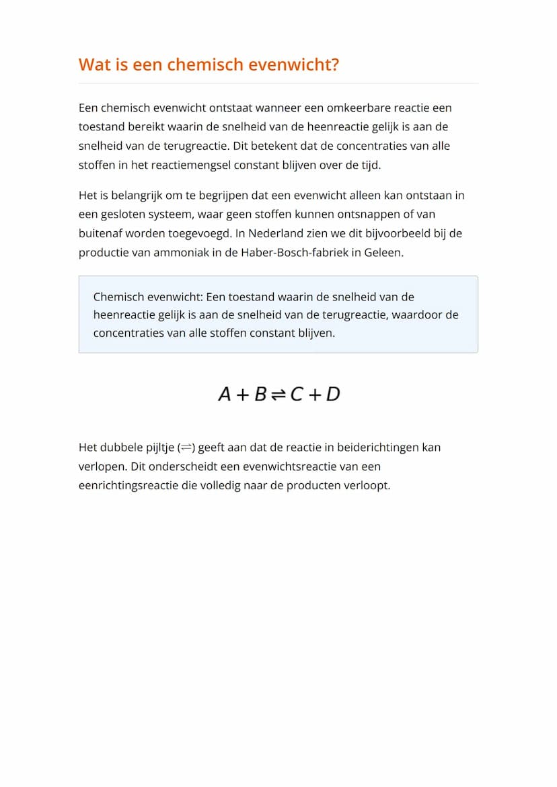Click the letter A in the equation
pos(225,395)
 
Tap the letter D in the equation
pos(333,395)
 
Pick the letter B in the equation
pos(260,395)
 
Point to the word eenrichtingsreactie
pos(128,485)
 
